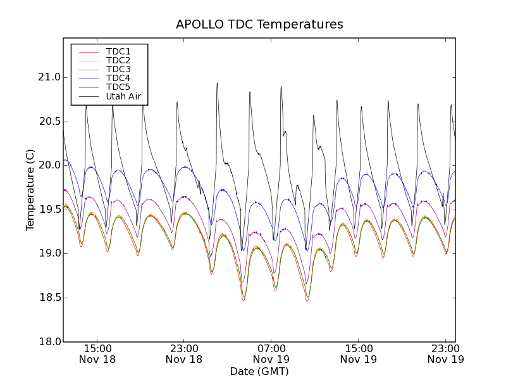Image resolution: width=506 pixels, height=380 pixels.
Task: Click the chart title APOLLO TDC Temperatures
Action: click(x=259, y=25)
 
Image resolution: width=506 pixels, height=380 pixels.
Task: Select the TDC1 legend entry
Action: click(x=118, y=51)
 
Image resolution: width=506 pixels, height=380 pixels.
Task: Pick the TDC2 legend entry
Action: click(x=118, y=60)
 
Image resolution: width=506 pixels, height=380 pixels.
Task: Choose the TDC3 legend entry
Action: click(x=118, y=69)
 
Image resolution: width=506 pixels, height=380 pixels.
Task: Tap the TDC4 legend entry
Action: click(x=118, y=78)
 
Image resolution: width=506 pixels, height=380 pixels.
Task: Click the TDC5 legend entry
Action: click(x=118, y=87)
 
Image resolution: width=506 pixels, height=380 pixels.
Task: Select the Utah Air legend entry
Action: click(x=123, y=96)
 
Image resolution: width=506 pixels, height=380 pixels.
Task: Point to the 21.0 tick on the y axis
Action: click(x=49, y=77)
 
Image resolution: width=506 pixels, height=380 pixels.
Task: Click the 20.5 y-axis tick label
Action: click(x=49, y=121)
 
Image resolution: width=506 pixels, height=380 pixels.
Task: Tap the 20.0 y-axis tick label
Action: click(x=49, y=165)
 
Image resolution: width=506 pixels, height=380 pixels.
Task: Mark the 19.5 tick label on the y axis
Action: click(x=49, y=209)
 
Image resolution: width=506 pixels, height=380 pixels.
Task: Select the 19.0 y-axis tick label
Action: click(x=49, y=253)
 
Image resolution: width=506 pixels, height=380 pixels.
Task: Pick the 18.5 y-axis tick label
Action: click(x=49, y=298)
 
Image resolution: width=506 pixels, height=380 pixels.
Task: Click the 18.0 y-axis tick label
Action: click(x=49, y=341)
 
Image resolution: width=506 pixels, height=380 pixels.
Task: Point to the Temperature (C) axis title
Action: click(x=30, y=190)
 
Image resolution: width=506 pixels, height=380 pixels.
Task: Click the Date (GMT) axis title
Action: click(x=259, y=371)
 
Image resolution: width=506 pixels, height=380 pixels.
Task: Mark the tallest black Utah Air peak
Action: click(x=217, y=82)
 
